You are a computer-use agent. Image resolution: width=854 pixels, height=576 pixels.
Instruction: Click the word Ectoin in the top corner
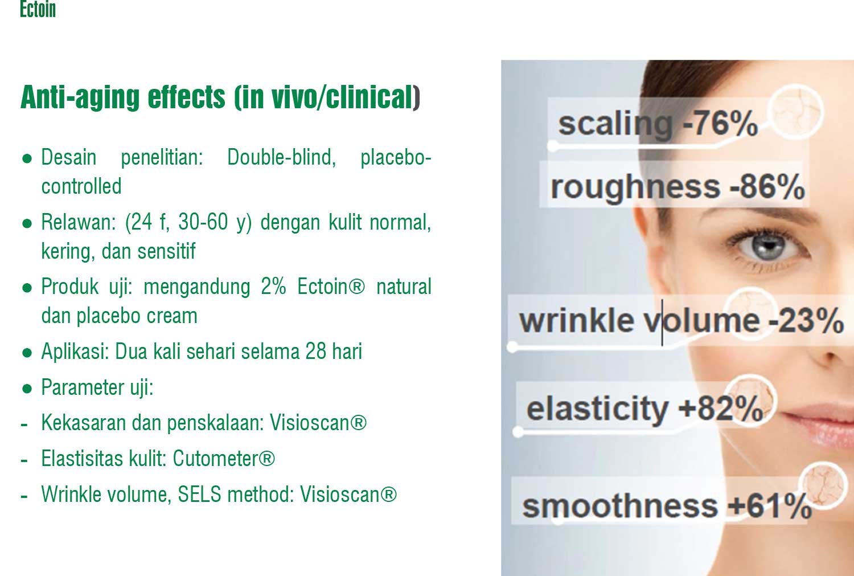click(x=38, y=9)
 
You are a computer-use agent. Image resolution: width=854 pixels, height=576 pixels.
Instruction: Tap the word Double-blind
click(x=281, y=157)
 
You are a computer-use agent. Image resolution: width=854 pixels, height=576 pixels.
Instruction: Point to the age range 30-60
click(x=203, y=222)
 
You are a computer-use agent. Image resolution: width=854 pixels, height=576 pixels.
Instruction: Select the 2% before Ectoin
click(x=273, y=287)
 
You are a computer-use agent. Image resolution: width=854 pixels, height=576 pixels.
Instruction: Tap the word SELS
click(x=199, y=494)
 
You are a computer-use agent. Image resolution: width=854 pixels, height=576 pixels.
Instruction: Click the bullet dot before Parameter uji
click(x=27, y=389)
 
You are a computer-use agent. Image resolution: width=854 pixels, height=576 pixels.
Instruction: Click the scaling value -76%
click(x=720, y=123)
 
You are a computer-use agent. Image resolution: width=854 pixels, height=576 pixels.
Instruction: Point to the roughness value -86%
click(x=767, y=186)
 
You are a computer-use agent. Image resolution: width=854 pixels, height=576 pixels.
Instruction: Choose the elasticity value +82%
click(x=721, y=408)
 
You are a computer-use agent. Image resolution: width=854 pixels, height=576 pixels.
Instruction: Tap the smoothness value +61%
click(x=769, y=506)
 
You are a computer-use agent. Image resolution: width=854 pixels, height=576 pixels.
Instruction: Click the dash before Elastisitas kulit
click(x=24, y=460)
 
